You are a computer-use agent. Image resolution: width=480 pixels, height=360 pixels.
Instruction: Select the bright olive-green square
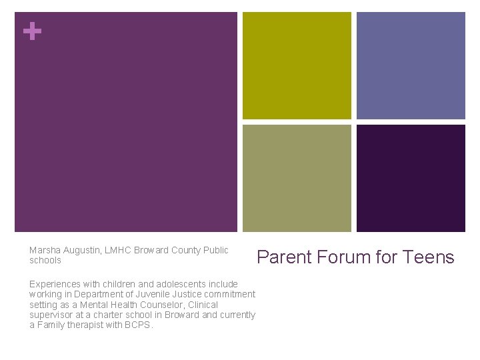[297, 65]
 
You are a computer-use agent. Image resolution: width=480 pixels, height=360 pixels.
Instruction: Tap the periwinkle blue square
[411, 65]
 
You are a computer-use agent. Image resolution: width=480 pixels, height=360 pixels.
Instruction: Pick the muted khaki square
[297, 178]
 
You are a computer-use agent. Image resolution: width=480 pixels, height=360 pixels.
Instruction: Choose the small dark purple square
[411, 178]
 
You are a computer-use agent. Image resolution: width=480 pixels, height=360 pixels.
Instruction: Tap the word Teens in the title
[429, 257]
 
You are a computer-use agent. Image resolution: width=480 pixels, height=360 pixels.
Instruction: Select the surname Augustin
[82, 251]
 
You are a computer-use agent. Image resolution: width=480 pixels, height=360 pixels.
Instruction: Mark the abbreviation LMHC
[118, 251]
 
